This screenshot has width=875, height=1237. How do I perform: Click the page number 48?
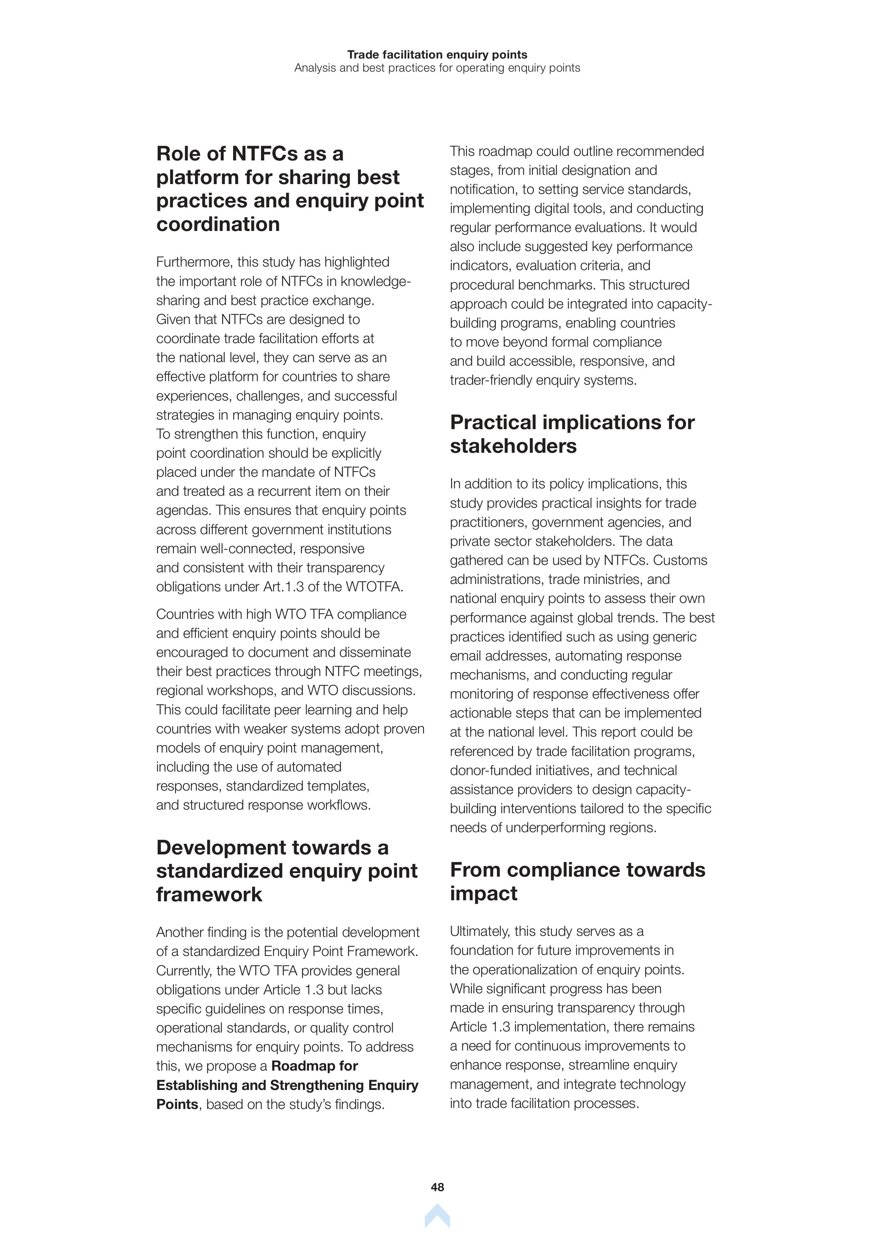click(x=437, y=1187)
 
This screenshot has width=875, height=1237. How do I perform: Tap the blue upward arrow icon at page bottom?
click(x=437, y=1217)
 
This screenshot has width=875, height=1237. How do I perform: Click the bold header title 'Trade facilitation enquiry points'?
click(x=437, y=54)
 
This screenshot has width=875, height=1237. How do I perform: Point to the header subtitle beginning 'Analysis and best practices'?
click(x=437, y=68)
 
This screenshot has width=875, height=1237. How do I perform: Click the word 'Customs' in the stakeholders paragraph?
click(x=680, y=560)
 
